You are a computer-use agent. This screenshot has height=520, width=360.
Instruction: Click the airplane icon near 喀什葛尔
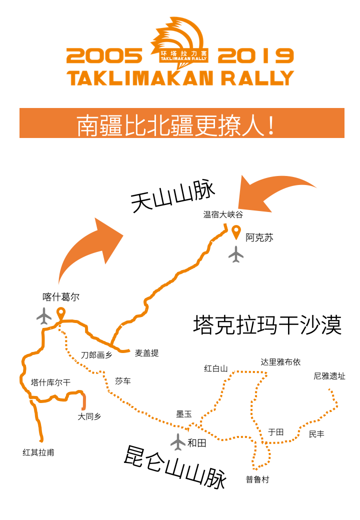pos(44,316)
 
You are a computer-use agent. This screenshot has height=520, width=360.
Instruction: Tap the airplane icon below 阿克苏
pos(236,254)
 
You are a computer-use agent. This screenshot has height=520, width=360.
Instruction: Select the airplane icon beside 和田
pos(178,441)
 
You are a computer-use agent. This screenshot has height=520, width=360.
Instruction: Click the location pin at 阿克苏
pos(236,232)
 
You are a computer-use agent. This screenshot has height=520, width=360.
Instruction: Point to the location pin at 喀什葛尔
pos(60,313)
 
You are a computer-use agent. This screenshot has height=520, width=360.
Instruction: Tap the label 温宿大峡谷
pos(223,214)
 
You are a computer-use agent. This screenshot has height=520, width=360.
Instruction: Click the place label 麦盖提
pos(147,353)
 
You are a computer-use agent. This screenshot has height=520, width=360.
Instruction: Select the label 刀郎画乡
pos(96,355)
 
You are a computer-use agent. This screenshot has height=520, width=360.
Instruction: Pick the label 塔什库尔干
pos(50,382)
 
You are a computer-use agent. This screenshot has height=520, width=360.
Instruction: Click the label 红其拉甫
pos(38,452)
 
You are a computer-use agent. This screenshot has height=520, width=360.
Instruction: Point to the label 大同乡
pos(89,416)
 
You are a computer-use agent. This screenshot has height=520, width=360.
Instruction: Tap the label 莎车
pos(123,381)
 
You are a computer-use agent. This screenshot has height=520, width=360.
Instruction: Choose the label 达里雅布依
pos(280,362)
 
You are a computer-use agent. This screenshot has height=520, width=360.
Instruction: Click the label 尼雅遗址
pos(329,376)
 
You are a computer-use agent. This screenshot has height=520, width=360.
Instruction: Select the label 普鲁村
pos(257,479)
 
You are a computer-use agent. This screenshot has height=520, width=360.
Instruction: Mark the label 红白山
pos(216,368)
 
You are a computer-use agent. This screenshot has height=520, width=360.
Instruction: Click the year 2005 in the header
pos(104,55)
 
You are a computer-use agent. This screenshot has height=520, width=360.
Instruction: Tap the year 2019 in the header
pos(256,55)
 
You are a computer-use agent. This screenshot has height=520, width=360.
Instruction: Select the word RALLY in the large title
pos(257,78)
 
